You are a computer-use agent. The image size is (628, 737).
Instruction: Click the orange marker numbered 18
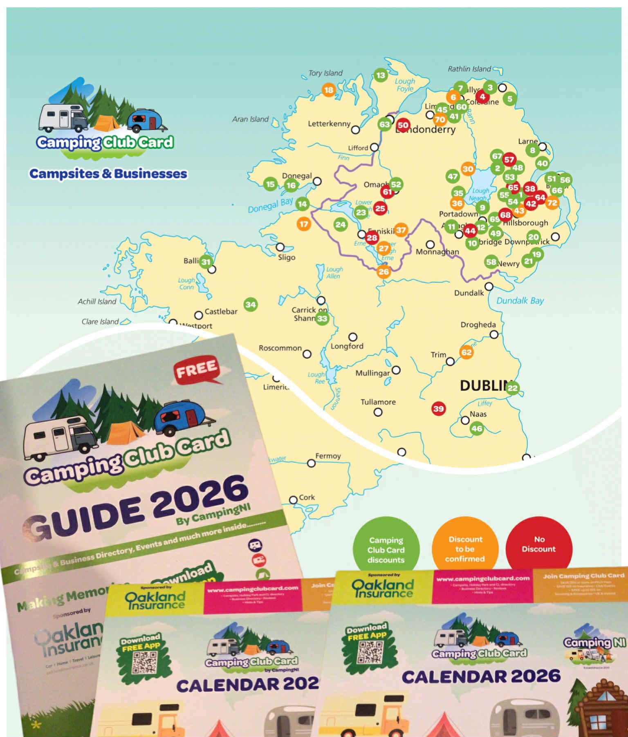[x=329, y=90]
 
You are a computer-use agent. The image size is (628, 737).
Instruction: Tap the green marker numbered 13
[x=381, y=75]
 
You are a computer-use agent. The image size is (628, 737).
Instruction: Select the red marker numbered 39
[x=438, y=408]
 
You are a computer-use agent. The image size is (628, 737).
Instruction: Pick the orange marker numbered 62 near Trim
[x=467, y=352]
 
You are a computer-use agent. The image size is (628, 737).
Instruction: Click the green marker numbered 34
[x=251, y=305]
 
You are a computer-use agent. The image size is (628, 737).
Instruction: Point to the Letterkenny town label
[x=329, y=123]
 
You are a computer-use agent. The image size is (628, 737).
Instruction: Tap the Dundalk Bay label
[x=520, y=301]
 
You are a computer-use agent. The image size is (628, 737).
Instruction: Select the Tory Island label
[x=325, y=73]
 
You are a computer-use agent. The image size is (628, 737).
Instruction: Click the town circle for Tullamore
[x=378, y=412]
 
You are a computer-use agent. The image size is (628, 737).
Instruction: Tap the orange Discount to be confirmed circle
[x=465, y=549]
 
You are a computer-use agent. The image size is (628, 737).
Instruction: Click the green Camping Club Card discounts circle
[x=386, y=550]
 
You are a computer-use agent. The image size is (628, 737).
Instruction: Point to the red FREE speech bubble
[x=197, y=370]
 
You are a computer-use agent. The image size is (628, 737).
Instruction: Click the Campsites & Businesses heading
[x=108, y=174]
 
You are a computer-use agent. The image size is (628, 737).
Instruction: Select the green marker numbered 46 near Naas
[x=477, y=429]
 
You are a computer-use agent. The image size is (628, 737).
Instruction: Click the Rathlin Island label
[x=469, y=69]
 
